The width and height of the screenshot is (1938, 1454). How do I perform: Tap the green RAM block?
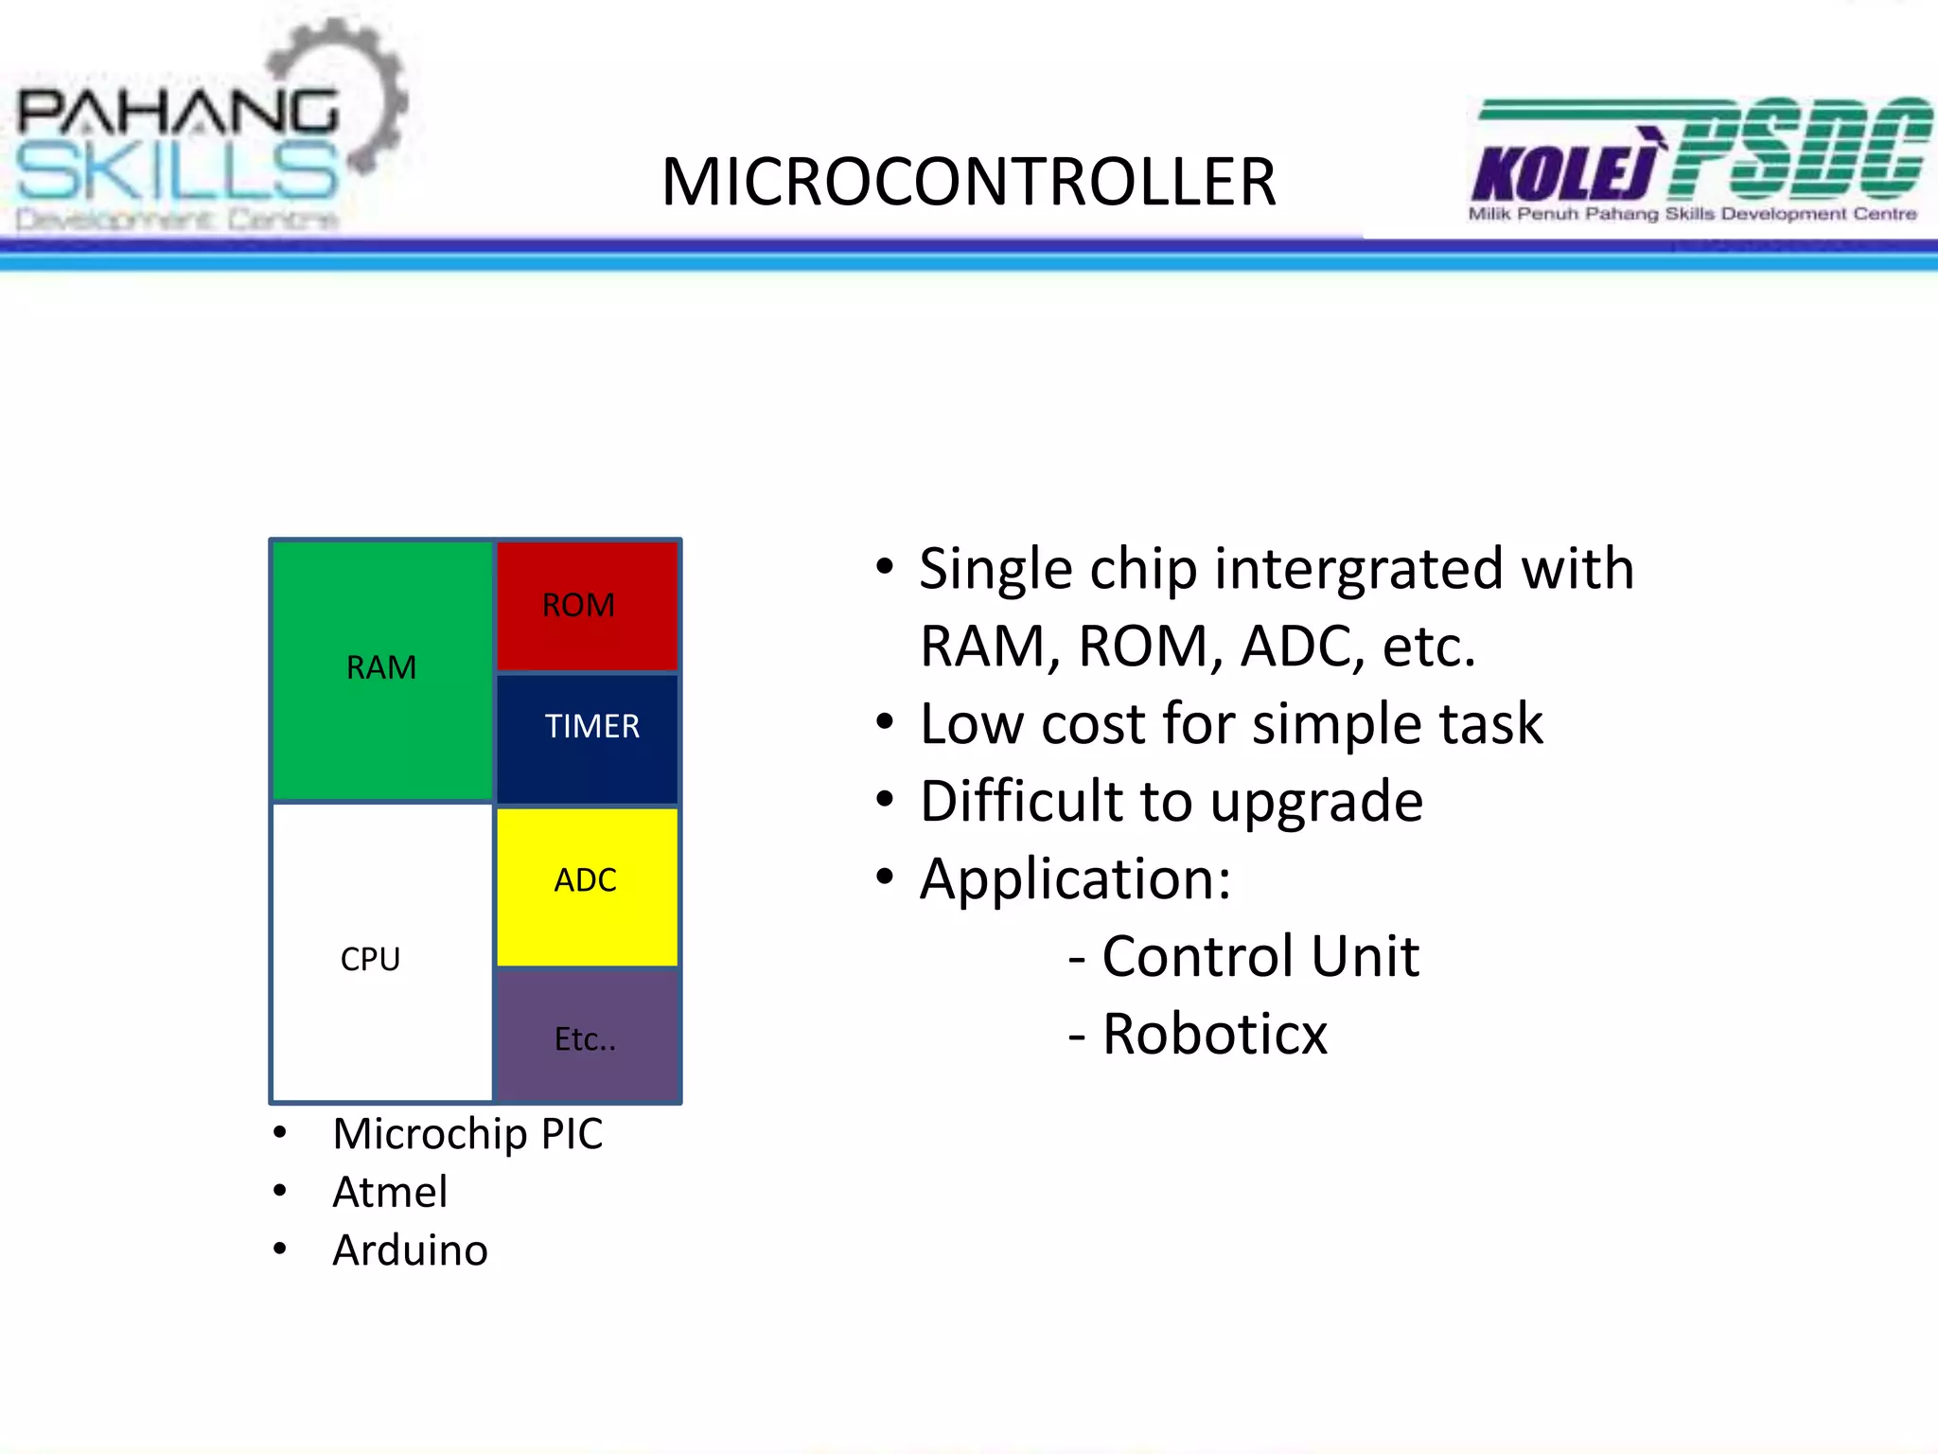click(381, 668)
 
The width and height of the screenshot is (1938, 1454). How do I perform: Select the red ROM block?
click(587, 606)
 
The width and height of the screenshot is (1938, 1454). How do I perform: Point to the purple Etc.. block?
click(587, 1037)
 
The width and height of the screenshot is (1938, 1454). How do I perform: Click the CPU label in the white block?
click(370, 959)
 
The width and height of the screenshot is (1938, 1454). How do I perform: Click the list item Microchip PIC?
click(467, 1134)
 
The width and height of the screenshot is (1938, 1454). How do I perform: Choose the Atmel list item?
click(390, 1192)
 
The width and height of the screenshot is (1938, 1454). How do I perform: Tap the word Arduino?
click(410, 1250)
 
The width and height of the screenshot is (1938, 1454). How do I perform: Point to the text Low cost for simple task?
click(1230, 724)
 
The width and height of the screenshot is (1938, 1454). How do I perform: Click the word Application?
click(1075, 879)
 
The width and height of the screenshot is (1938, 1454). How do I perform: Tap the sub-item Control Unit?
click(1260, 956)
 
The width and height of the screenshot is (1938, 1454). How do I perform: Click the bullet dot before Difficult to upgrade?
click(884, 800)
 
